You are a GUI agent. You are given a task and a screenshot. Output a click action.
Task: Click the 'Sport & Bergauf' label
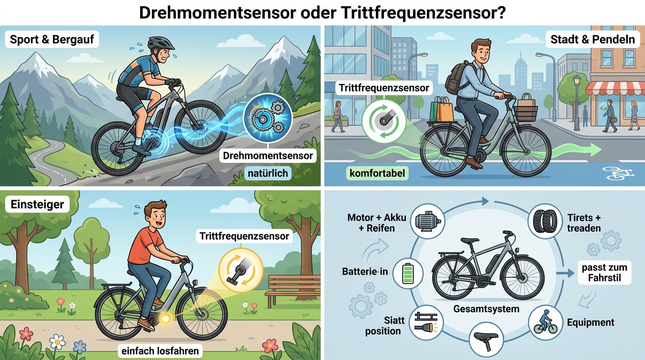click(x=52, y=39)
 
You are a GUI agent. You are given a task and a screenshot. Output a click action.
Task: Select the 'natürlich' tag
click(x=268, y=173)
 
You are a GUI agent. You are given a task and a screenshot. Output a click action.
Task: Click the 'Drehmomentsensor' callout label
click(x=268, y=156)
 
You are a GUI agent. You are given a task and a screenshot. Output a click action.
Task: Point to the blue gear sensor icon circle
click(x=268, y=118)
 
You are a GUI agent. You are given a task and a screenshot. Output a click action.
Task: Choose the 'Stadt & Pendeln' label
click(x=592, y=39)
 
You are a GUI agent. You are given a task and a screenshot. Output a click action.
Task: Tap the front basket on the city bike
click(x=525, y=112)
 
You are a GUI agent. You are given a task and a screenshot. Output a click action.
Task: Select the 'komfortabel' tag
click(x=377, y=173)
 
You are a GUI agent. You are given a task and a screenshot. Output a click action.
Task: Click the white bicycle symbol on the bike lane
click(x=618, y=173)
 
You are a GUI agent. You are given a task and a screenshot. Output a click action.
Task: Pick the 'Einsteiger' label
click(x=37, y=204)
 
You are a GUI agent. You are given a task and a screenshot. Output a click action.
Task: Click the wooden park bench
click(x=292, y=289)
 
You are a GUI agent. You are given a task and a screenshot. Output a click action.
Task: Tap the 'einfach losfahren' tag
click(x=160, y=351)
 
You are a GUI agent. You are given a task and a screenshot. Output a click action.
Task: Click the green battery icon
click(x=408, y=273)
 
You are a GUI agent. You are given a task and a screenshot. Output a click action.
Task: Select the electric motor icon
click(x=427, y=221)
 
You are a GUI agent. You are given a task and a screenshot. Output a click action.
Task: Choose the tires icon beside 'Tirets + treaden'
click(x=545, y=221)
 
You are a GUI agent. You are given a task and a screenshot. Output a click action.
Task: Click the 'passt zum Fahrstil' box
click(x=604, y=272)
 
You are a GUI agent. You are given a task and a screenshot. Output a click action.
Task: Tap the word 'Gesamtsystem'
click(x=487, y=309)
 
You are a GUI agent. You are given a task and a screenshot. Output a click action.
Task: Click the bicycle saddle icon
click(x=486, y=340)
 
